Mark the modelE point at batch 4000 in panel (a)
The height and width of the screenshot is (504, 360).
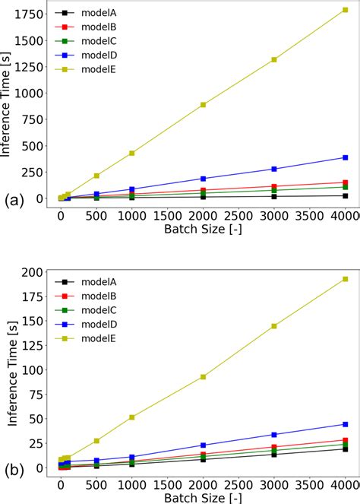coord(345,11)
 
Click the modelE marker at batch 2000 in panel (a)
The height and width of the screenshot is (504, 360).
coord(203,105)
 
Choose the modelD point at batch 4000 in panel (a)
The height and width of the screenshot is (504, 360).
coord(345,157)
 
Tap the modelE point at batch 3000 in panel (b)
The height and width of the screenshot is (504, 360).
coord(274,326)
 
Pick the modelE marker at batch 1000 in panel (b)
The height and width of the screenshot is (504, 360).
coord(132,417)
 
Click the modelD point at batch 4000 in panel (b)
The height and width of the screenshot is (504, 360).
coord(345,424)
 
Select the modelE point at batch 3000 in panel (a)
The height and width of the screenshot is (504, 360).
coord(274,59)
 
